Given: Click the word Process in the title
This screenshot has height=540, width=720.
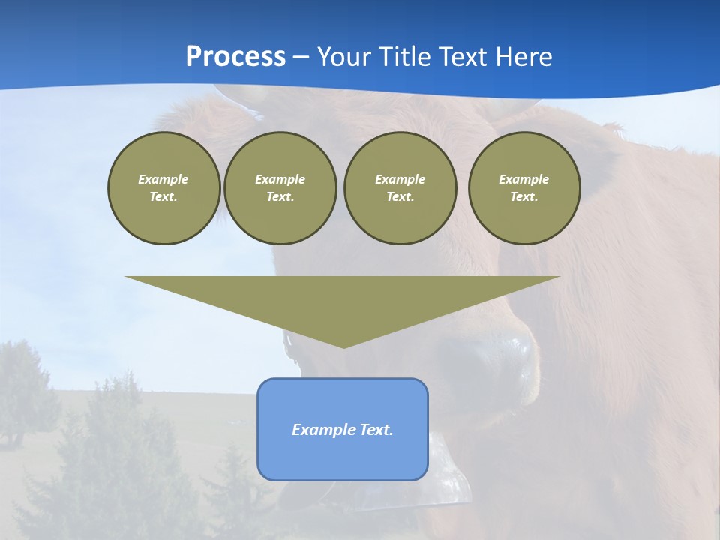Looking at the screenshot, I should (x=235, y=57).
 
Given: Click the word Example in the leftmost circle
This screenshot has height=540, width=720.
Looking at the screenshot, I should (x=163, y=179).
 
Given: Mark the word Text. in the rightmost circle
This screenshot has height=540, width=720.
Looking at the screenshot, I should (x=524, y=197).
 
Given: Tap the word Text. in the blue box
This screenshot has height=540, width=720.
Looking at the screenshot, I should (x=376, y=430).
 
